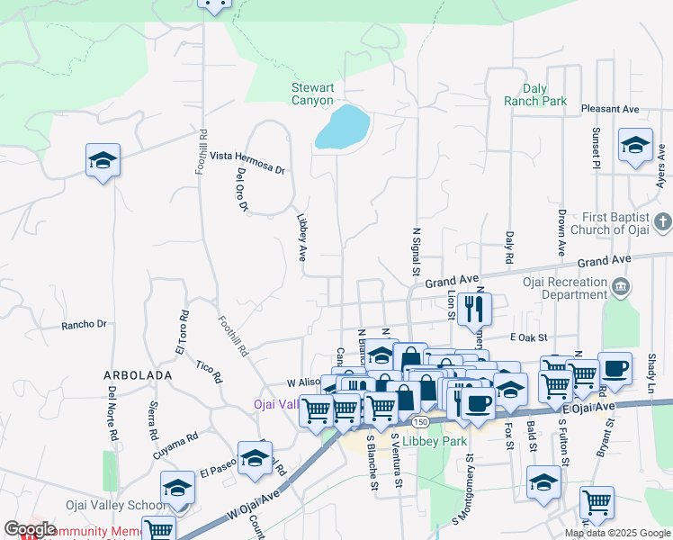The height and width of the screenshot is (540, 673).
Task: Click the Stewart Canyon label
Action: pyautogui.click(x=312, y=94)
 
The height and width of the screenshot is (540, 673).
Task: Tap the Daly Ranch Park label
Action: pyautogui.click(x=547, y=94)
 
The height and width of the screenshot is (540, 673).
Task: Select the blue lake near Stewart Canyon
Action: pyautogui.click(x=342, y=128)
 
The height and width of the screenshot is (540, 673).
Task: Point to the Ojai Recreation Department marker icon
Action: pyautogui.click(x=621, y=287)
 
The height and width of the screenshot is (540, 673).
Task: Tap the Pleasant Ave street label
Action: pyautogui.click(x=609, y=109)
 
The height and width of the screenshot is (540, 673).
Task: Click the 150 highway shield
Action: pyautogui.click(x=420, y=420)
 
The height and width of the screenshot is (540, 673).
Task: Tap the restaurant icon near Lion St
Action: pyautogui.click(x=472, y=310)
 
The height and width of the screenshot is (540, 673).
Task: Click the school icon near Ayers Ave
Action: pyautogui.click(x=635, y=145)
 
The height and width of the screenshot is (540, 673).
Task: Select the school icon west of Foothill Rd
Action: pyautogui.click(x=103, y=161)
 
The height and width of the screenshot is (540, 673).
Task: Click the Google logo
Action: pyautogui.click(x=30, y=529)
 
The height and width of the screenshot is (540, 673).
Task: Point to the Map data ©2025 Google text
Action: pyautogui.click(x=616, y=533)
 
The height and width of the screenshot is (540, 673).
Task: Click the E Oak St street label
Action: pyautogui.click(x=528, y=337)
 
